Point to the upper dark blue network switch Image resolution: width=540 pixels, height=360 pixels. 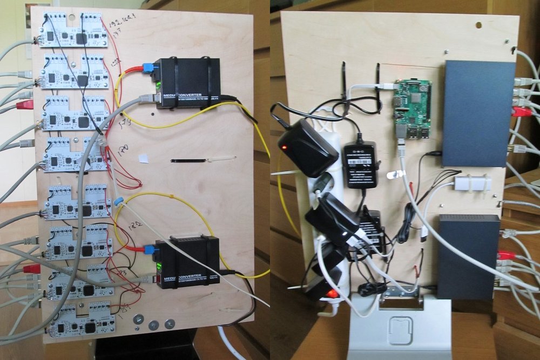(478, 113)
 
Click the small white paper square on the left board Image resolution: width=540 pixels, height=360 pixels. (143, 159)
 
